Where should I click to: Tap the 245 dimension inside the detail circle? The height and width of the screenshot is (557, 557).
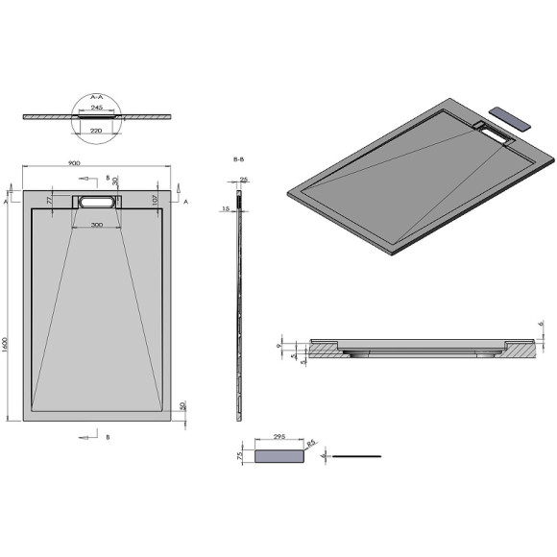[x=98, y=108]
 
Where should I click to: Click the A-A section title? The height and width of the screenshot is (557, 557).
[x=96, y=97]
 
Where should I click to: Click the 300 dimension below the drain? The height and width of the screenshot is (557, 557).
[x=97, y=225]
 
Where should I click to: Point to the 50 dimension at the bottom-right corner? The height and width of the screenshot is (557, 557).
[x=182, y=407]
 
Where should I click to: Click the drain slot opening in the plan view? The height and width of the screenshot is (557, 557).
[x=97, y=203]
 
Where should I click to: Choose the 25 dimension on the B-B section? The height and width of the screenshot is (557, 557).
[x=244, y=180]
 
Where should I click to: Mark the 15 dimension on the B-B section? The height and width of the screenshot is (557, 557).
[x=226, y=208]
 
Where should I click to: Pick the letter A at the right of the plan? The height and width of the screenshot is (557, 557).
[x=185, y=203]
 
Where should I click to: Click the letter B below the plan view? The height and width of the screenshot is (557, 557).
[x=108, y=437]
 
